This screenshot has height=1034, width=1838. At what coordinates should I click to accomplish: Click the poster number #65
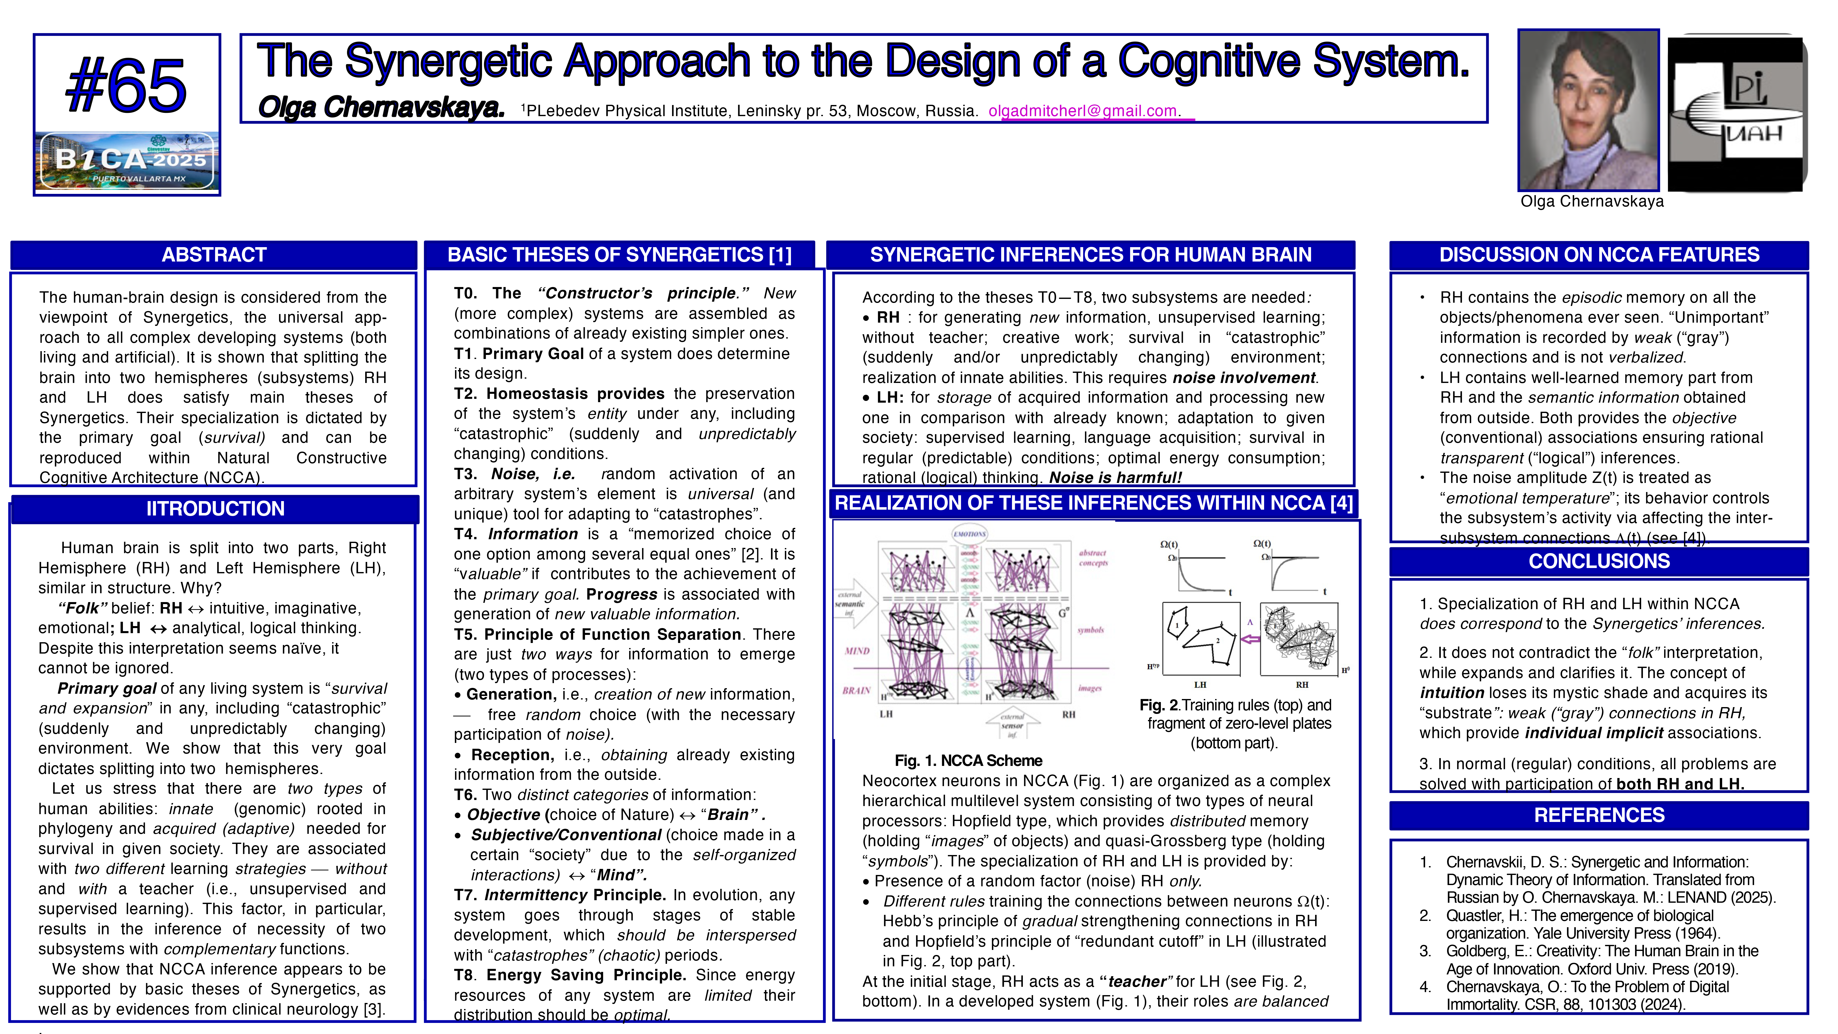pos(126,86)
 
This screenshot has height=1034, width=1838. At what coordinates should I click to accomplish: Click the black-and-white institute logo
pos(1737,113)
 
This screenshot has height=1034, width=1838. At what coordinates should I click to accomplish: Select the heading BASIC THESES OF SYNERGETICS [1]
pos(619,255)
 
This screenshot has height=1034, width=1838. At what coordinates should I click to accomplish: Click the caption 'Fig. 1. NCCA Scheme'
pos(968,761)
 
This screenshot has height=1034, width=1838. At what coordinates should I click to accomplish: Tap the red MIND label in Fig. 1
pos(857,651)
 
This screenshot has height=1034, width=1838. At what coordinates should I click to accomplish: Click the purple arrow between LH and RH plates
pos(1250,639)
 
